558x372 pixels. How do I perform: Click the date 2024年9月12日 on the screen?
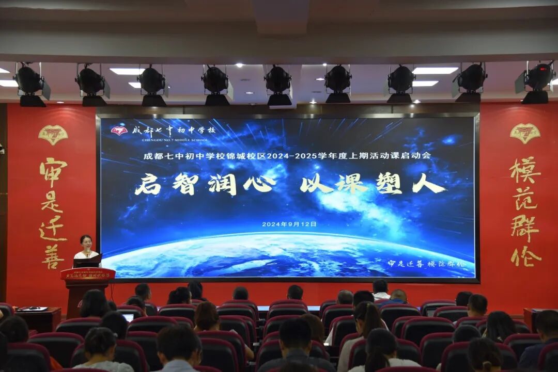(x=289, y=224)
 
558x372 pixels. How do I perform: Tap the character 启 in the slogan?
(x=148, y=184)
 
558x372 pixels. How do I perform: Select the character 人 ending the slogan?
(x=428, y=184)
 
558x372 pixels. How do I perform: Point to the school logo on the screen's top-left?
(x=119, y=131)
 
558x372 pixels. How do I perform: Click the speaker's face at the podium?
(x=86, y=242)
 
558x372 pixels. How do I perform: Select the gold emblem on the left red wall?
(x=53, y=135)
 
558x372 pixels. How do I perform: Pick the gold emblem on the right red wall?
(x=525, y=133)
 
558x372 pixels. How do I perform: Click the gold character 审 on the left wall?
(x=53, y=172)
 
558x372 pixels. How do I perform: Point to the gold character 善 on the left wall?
(x=53, y=256)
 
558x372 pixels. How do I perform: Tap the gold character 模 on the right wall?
(x=525, y=171)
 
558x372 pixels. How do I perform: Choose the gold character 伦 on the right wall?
(x=525, y=256)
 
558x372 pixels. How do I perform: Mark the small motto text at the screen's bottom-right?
(x=427, y=264)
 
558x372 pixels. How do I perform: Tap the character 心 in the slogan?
(x=259, y=184)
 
